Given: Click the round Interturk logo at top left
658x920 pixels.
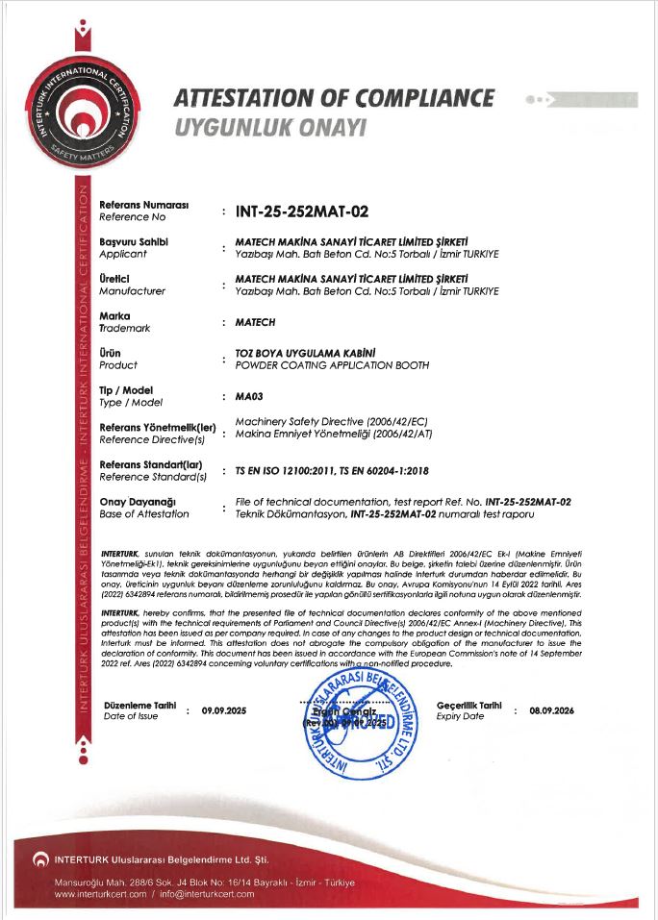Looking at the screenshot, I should [79, 115].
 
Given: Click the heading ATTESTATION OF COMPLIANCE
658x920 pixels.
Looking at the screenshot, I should [335, 98].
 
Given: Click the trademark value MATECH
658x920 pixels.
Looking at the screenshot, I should [255, 322].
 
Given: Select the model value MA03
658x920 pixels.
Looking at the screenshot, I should [250, 395].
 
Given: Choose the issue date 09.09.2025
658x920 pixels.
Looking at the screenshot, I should [224, 710].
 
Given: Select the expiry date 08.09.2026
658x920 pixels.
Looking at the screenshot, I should [550, 710].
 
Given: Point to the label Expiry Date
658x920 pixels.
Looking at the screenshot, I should [461, 716].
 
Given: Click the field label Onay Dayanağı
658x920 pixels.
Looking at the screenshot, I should [138, 502].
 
